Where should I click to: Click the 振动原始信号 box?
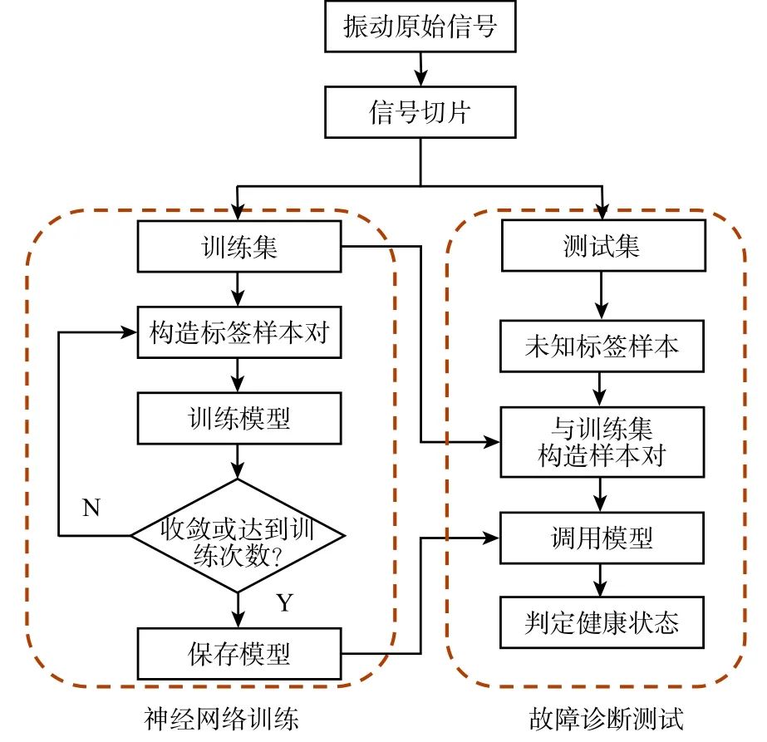coord(420,27)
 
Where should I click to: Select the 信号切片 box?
coord(420,113)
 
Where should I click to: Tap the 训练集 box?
coord(239,247)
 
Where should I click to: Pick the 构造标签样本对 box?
coord(239,333)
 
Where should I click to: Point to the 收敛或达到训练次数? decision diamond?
coord(239,536)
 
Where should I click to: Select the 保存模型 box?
coord(239,653)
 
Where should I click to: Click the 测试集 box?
coord(601,247)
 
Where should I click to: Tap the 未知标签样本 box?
coord(601,345)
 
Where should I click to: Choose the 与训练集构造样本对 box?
coord(601,441)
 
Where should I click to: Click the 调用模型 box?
coord(601,538)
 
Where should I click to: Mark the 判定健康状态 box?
coord(601,622)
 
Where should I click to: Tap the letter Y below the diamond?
coord(285,602)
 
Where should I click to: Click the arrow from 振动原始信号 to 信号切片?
coord(420,69)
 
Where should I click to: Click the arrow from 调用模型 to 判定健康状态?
coord(601,580)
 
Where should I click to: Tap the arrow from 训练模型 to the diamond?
coord(239,461)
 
